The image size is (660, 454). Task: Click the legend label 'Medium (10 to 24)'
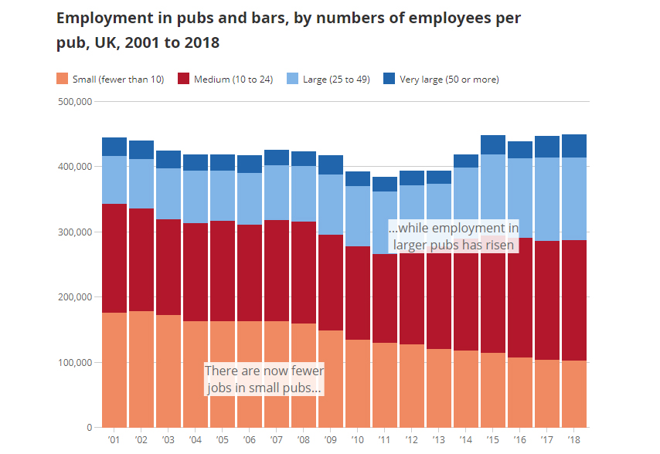coord(233,80)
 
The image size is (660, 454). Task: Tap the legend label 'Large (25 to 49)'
coord(339,80)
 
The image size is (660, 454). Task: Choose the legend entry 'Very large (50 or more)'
coord(449,80)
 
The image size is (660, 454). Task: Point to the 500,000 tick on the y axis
coord(76,101)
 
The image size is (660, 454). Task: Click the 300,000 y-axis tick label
coord(76,232)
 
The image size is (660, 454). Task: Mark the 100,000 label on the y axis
coord(76,362)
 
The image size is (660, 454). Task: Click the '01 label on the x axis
coord(114,439)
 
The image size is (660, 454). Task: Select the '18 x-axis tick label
coord(573,439)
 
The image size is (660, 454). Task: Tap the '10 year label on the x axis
coord(357,439)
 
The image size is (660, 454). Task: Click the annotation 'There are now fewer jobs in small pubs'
coord(264,380)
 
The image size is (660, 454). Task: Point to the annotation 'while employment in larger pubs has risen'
coord(454,236)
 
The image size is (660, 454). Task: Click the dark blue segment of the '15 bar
coord(492,144)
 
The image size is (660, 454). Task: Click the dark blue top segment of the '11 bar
coord(384,184)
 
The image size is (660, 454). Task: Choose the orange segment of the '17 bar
coord(546,393)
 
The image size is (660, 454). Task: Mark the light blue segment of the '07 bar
coord(276,192)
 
